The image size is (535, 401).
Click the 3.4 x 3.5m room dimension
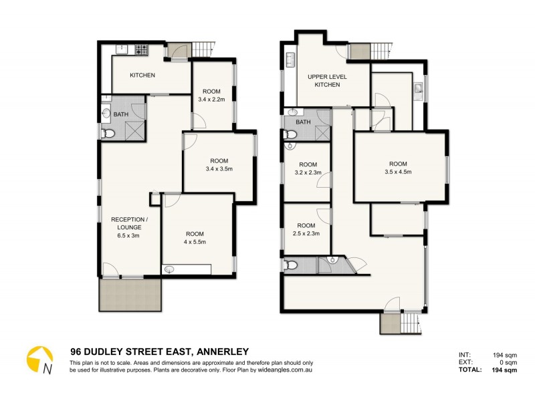[219, 170]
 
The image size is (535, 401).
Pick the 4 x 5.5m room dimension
[195, 243]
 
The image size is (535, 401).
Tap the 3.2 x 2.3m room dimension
[307, 173]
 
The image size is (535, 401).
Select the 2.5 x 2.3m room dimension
[306, 234]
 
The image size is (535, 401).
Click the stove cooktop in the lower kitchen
[142, 49]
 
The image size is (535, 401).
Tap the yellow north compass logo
[39, 360]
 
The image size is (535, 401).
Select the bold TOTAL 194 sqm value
[505, 370]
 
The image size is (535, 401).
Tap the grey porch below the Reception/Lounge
[130, 294]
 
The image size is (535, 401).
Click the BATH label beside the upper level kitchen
[303, 122]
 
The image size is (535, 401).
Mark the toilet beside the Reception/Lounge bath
[108, 134]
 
